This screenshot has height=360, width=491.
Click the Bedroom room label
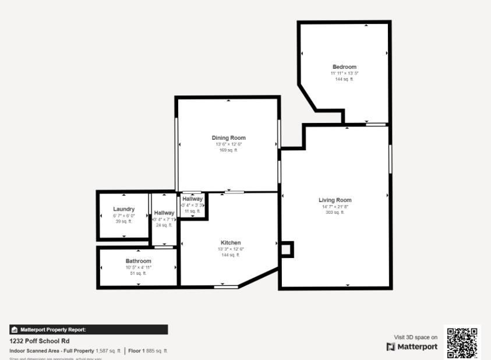click(x=344, y=67)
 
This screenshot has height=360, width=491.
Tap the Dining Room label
click(x=228, y=138)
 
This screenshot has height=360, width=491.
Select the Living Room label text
click(x=335, y=200)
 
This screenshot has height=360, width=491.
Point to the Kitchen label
click(x=231, y=243)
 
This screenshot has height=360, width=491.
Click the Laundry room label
click(x=123, y=209)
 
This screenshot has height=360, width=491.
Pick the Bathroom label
click(x=138, y=261)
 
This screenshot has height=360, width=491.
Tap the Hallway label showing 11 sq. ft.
click(x=192, y=199)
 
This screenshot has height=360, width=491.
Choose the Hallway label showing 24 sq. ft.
click(x=164, y=213)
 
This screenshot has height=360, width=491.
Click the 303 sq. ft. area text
click(x=335, y=213)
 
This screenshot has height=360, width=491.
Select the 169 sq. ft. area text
click(x=228, y=150)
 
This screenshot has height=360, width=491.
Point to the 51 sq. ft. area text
click(x=138, y=273)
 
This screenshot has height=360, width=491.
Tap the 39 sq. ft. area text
click(x=123, y=221)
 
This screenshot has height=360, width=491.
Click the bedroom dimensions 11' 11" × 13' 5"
click(x=344, y=73)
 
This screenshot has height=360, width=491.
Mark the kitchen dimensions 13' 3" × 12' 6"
click(x=231, y=249)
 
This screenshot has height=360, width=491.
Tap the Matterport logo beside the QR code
click(x=412, y=347)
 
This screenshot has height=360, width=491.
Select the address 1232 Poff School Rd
click(x=40, y=341)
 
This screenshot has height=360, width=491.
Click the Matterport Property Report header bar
click(x=89, y=330)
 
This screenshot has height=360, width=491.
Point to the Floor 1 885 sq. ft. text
click(x=148, y=351)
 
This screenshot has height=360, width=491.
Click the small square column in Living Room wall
click(x=286, y=249)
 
